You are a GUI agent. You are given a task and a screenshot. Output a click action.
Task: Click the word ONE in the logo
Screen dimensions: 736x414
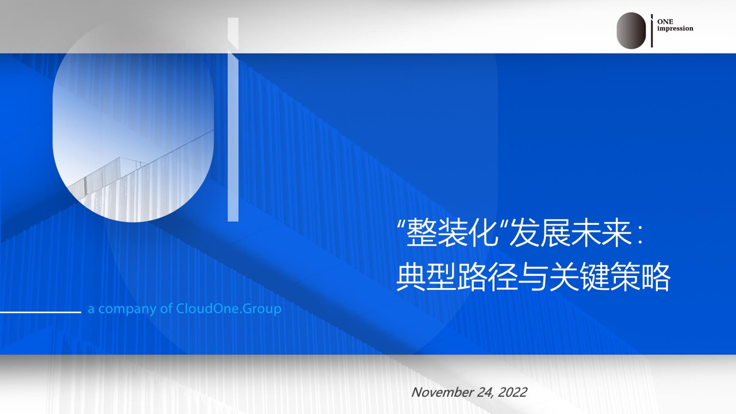click(x=665, y=22)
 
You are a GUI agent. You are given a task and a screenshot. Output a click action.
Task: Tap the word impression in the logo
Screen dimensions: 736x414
click(x=675, y=29)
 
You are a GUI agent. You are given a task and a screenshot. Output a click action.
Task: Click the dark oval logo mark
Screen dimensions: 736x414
click(x=631, y=30)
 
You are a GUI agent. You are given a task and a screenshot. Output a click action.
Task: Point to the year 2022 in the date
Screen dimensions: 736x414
click(x=512, y=392)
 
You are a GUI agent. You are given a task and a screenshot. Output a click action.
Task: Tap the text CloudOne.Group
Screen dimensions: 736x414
click(x=229, y=309)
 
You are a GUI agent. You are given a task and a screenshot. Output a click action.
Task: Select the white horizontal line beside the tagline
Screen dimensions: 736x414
click(x=40, y=312)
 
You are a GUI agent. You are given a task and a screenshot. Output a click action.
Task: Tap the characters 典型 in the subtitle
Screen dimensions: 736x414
click(x=426, y=277)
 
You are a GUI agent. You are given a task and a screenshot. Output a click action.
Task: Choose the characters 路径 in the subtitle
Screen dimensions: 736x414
click(x=487, y=277)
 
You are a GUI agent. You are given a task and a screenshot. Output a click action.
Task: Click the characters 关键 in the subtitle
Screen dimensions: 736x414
click(x=578, y=277)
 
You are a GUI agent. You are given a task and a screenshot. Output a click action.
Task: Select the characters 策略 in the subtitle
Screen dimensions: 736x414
click(x=640, y=277)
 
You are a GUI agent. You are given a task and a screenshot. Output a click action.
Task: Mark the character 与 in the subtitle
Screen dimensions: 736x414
click(x=532, y=277)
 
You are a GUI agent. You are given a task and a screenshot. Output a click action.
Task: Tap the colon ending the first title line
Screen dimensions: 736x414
click(x=640, y=235)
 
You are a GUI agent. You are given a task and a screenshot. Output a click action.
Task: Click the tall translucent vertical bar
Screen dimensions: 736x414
click(x=233, y=120)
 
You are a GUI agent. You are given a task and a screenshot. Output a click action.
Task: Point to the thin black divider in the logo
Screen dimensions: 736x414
click(x=652, y=30)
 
